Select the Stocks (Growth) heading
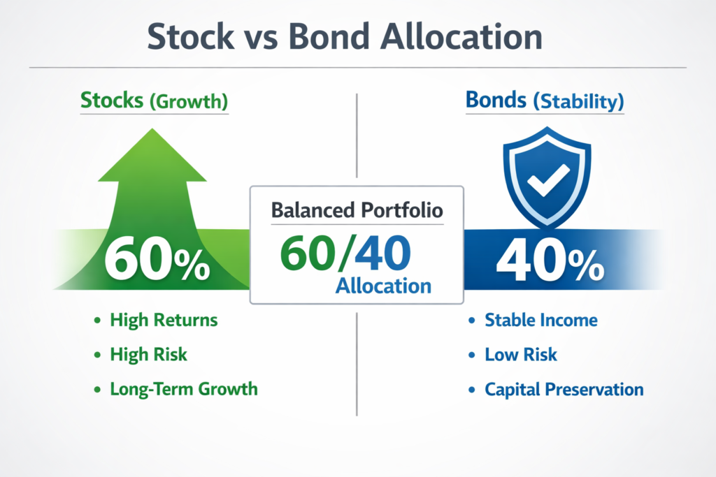(x=154, y=101)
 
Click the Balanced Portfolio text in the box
(x=357, y=210)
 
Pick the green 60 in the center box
(x=306, y=254)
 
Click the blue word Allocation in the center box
(x=383, y=285)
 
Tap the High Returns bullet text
(x=164, y=321)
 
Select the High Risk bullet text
(x=148, y=355)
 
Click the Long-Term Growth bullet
(x=183, y=389)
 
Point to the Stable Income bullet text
(x=541, y=321)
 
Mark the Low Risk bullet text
(x=521, y=355)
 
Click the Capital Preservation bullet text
(x=564, y=389)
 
